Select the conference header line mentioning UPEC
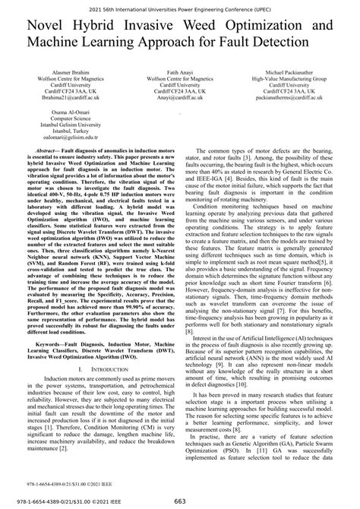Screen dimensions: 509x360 pyautogui.click(x=179, y=6)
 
